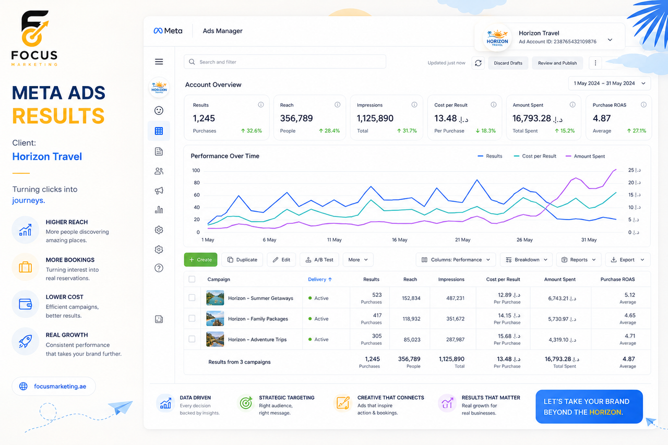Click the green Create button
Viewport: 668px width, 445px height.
pyautogui.click(x=200, y=260)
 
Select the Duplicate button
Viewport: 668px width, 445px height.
pyautogui.click(x=242, y=260)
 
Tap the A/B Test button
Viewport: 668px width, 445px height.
pyautogui.click(x=319, y=260)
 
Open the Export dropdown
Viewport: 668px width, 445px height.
pyautogui.click(x=627, y=260)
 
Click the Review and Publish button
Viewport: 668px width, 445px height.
pyautogui.click(x=557, y=63)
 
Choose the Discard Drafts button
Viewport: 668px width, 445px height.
pyautogui.click(x=508, y=63)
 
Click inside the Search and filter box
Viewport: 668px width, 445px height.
pyautogui.click(x=285, y=62)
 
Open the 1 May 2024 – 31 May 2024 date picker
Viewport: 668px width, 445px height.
pyautogui.click(x=609, y=83)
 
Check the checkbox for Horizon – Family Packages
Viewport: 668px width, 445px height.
pyautogui.click(x=192, y=318)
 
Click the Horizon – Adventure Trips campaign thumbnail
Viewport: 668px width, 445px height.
pyautogui.click(x=215, y=339)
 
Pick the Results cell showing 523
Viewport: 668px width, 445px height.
pyautogui.click(x=377, y=295)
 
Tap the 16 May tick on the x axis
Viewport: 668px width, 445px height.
pyautogui.click(x=400, y=239)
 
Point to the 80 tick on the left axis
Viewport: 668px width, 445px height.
pyautogui.click(x=197, y=183)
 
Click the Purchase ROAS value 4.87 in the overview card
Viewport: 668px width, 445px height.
pyautogui.click(x=602, y=118)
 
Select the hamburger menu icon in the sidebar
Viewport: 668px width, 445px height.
pyautogui.click(x=159, y=62)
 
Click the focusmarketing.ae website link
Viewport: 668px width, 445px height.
pyautogui.click(x=60, y=386)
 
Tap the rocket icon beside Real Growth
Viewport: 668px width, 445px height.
pyautogui.click(x=26, y=341)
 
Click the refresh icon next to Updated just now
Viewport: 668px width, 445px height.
pyautogui.click(x=478, y=63)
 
